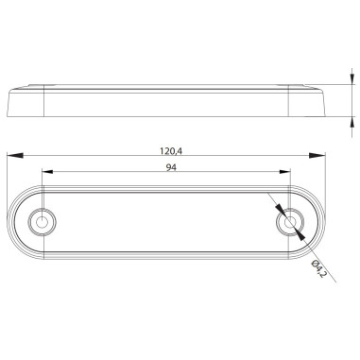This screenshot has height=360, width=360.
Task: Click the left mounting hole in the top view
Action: [41, 221]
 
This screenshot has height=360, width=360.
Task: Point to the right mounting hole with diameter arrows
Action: [290, 222]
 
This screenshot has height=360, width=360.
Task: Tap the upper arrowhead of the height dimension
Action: [350, 86]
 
